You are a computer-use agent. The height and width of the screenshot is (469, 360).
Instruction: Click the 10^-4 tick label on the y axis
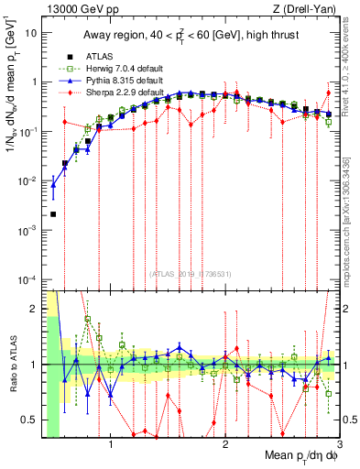(27, 278)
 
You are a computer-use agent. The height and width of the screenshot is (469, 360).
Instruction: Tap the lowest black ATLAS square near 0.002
(53, 214)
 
